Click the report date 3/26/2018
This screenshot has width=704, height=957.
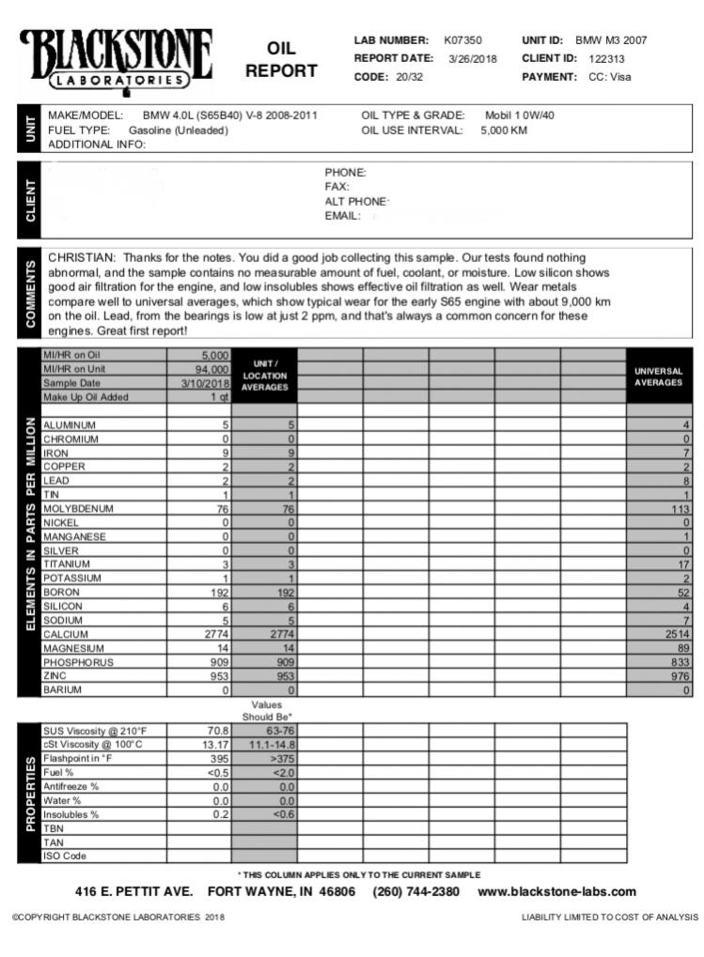point(473,58)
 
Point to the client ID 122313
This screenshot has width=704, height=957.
point(607,58)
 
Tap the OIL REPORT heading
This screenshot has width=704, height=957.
point(281,59)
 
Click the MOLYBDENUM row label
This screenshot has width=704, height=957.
point(78,508)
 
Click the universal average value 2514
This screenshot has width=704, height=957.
point(676,634)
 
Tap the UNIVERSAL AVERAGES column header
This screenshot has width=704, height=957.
point(659,376)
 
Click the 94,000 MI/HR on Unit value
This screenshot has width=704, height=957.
point(208,369)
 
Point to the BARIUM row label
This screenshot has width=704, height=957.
point(62,689)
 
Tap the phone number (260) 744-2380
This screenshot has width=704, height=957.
point(416,891)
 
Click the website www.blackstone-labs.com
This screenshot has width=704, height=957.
point(556,891)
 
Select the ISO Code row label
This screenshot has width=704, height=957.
point(65,856)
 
